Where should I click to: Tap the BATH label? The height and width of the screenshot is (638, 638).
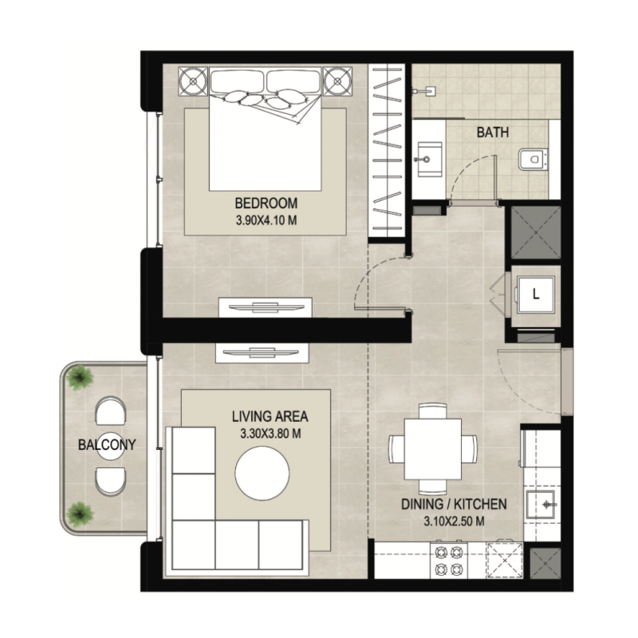(493, 133)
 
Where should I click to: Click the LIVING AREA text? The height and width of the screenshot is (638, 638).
(270, 416)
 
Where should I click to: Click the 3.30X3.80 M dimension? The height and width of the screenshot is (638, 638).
(270, 435)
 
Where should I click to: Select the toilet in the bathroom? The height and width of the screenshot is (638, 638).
(530, 162)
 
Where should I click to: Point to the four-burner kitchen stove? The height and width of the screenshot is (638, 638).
(447, 560)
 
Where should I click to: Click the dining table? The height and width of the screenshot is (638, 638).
(432, 447)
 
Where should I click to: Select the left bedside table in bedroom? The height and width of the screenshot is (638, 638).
(192, 81)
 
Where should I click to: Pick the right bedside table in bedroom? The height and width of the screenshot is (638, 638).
(337, 81)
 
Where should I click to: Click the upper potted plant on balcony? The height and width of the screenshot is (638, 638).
(78, 376)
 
